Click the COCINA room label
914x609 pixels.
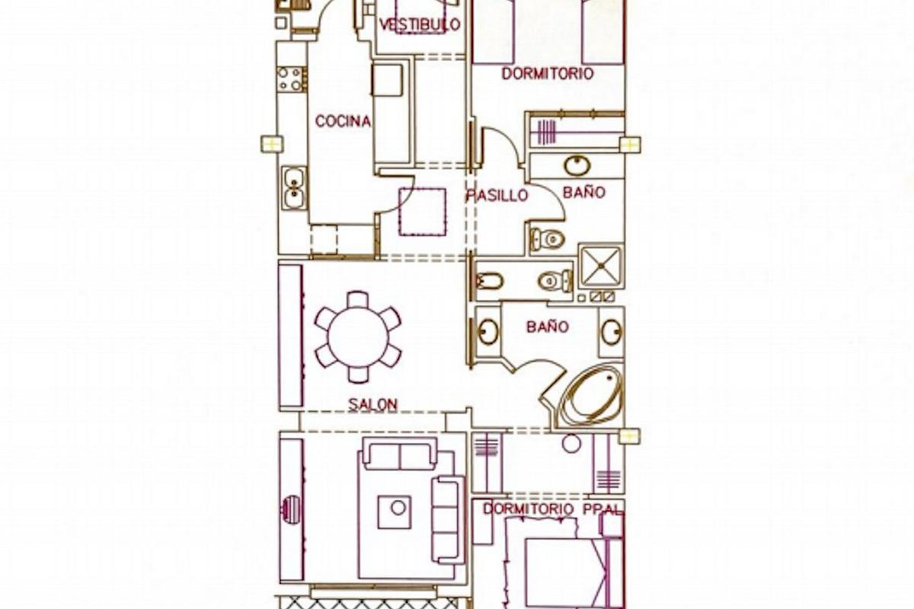pos(343,121)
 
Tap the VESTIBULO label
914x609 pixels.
pos(420,24)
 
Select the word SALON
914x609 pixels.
pos(372,404)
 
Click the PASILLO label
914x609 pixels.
pos(497,196)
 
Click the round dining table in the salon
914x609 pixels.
pos(358,336)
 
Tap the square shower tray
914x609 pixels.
pos(600,265)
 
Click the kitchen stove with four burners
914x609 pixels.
pos(291,79)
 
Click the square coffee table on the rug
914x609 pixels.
pos(395,512)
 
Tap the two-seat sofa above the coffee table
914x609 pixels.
pos(399,455)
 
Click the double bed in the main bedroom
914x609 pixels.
pos(567,571)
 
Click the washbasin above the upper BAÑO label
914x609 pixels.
pos(577,165)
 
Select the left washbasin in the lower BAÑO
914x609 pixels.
pos(487,332)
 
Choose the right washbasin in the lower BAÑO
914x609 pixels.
pos(611,332)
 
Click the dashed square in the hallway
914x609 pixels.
pos(422,212)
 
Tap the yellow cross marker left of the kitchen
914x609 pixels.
pos(271,144)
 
